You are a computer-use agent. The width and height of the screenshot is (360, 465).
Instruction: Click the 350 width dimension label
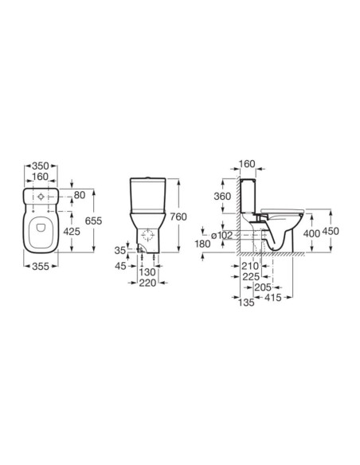coord(41,166)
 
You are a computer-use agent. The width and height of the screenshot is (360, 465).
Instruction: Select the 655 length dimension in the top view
coord(93,221)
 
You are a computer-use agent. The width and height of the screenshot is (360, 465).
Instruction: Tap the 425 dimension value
coord(72,232)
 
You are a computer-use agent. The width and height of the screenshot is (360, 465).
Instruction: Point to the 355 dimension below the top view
coord(41,266)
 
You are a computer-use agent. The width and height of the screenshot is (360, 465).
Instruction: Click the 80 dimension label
coord(80,195)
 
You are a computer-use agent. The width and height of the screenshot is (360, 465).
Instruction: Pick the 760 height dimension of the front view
coord(178,217)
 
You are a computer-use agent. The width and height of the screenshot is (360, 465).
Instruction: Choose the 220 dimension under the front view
coord(147,283)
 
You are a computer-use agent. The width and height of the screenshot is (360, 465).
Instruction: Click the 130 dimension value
coord(147,272)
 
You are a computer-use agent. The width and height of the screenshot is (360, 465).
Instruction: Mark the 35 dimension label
coord(120,251)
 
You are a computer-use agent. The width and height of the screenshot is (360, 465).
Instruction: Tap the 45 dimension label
coord(121,266)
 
